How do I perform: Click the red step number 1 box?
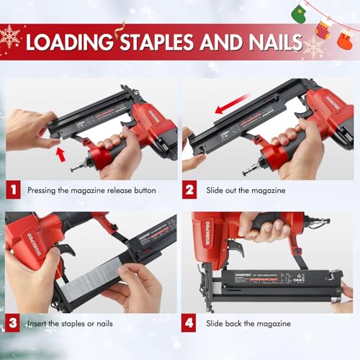12,191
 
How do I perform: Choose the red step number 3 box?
12,323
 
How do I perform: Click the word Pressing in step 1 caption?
44,192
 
